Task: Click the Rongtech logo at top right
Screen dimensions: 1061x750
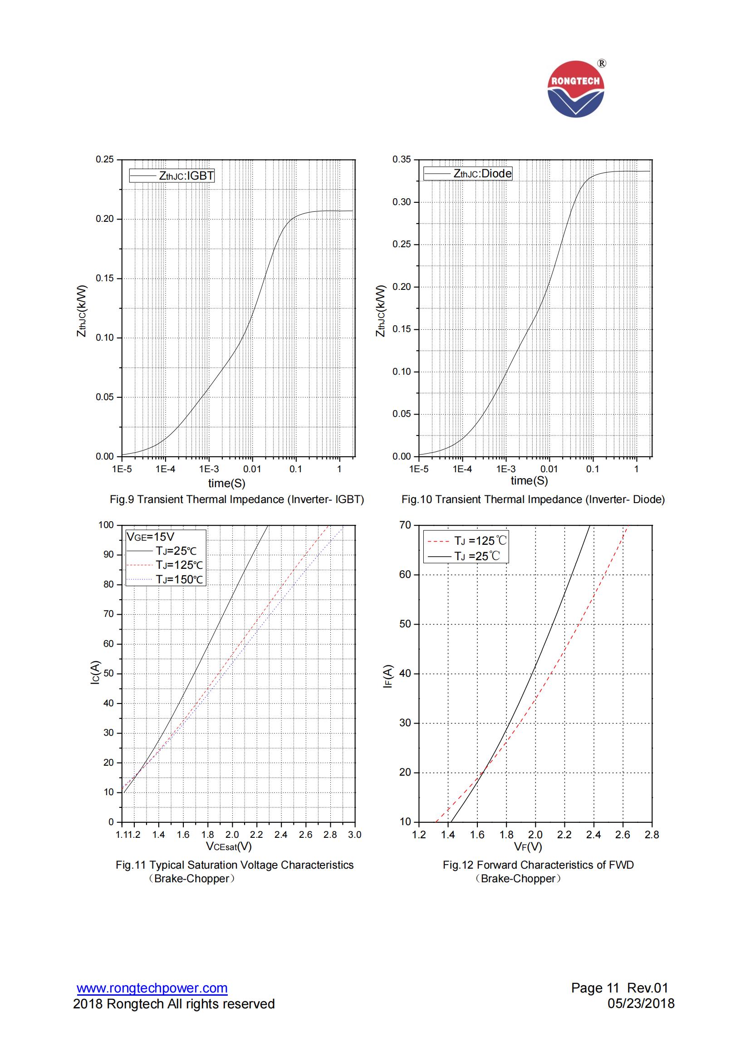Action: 576,89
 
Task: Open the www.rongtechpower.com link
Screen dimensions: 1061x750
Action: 152,988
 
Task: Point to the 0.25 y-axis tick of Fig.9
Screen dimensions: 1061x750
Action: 104,159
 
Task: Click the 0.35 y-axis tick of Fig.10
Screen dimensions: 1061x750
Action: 401,159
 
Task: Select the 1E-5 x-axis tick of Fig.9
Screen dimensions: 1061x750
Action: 122,469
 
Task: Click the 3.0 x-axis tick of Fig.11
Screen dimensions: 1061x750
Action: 354,835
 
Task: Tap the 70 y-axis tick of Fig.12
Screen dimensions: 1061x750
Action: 405,525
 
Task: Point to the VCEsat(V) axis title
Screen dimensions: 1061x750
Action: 229,846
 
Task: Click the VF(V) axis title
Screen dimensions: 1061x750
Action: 528,846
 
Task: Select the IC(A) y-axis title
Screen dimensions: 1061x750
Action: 95,673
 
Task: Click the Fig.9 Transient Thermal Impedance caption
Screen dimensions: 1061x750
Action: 236,499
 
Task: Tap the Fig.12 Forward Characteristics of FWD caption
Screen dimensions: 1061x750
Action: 538,865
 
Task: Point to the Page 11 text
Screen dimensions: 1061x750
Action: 595,988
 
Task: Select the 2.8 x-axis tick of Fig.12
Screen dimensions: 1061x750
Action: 652,835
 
